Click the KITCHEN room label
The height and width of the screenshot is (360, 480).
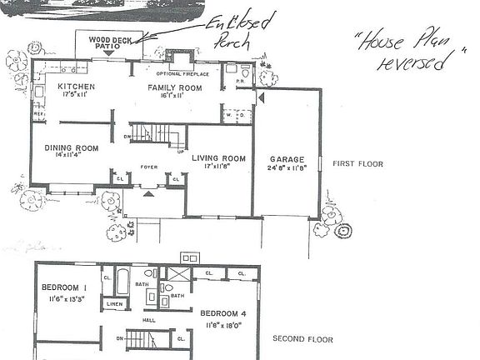[x=76, y=87]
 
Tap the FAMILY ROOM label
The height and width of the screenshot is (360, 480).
[x=175, y=87]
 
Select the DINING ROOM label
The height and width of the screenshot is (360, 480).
[x=72, y=148]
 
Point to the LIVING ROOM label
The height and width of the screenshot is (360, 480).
[x=218, y=158]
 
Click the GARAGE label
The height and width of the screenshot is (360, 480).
[x=286, y=159]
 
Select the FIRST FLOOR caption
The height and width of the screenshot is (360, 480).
[x=357, y=164]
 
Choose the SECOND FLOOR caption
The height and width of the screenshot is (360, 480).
[x=303, y=339]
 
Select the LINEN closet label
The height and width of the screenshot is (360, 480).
[x=114, y=305]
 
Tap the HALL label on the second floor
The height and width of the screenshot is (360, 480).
[x=148, y=320]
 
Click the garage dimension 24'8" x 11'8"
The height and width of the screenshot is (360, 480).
[x=286, y=168]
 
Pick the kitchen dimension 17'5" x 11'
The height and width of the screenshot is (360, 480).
[x=76, y=96]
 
